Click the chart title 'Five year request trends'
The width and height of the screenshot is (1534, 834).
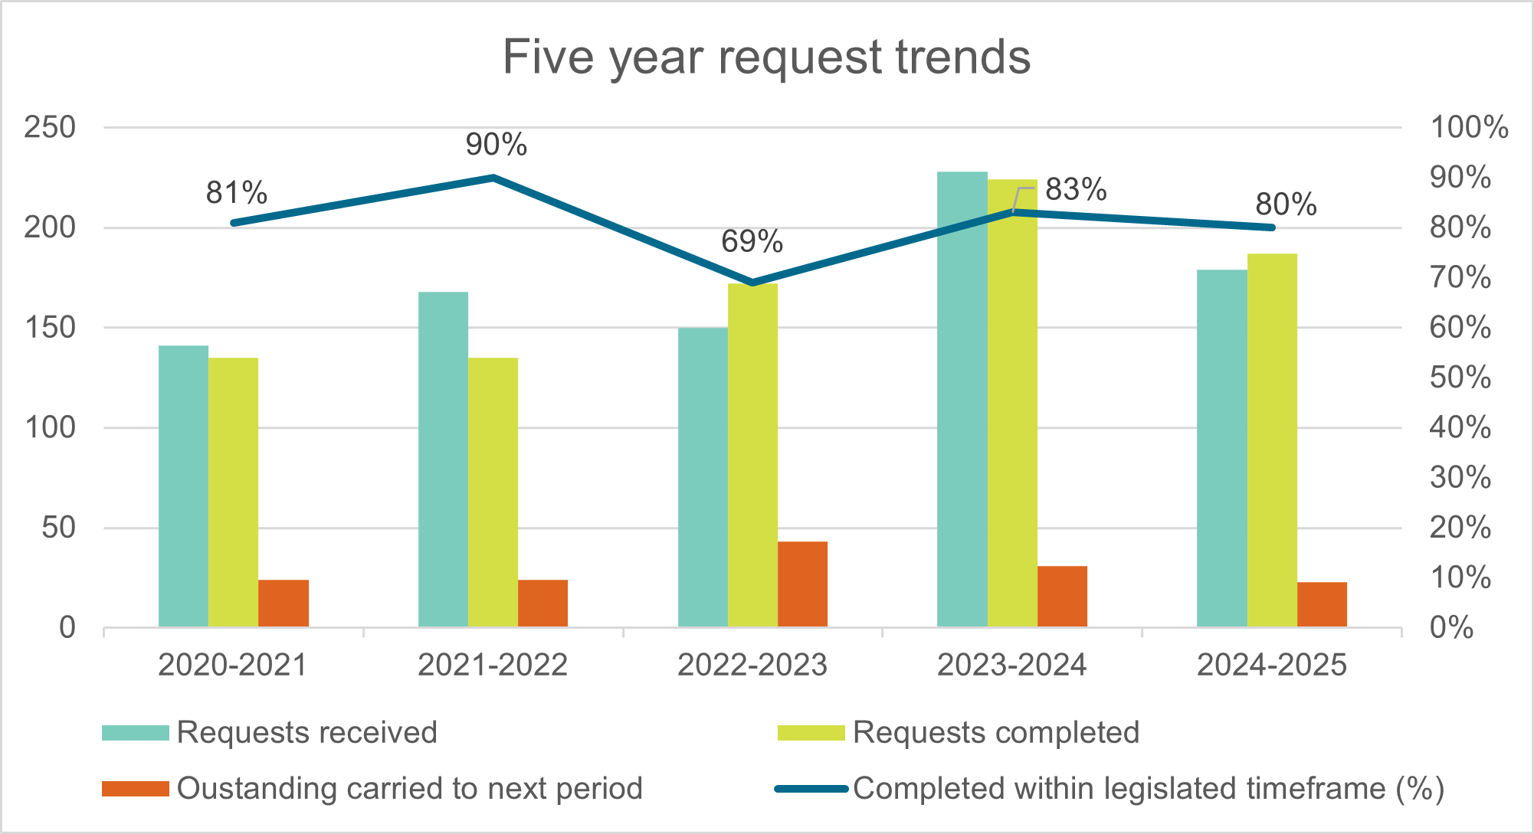[766, 57]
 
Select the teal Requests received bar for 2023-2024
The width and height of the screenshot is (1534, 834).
[962, 400]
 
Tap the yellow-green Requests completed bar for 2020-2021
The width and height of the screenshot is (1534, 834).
[233, 492]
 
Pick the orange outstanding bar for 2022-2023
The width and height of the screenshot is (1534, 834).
[802, 584]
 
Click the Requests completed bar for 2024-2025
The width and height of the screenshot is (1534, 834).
[1272, 440]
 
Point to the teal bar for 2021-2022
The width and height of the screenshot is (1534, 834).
[443, 460]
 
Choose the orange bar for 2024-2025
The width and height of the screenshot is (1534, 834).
[1322, 605]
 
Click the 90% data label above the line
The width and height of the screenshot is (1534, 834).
[497, 144]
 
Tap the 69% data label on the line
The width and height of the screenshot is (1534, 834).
[752, 241]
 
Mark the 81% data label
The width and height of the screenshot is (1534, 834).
[236, 192]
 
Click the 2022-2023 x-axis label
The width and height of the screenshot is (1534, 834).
[752, 665]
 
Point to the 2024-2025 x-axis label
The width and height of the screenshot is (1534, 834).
[1271, 665]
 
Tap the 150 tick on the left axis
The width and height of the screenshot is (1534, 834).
[50, 328]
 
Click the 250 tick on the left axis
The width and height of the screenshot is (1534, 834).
[50, 127]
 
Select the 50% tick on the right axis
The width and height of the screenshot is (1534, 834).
[1460, 378]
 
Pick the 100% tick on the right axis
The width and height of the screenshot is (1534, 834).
[1469, 127]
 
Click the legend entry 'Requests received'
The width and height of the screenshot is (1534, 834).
[270, 732]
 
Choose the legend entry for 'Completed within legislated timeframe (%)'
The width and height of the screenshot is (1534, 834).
[1110, 789]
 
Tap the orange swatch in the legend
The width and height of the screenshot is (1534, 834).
[135, 789]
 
